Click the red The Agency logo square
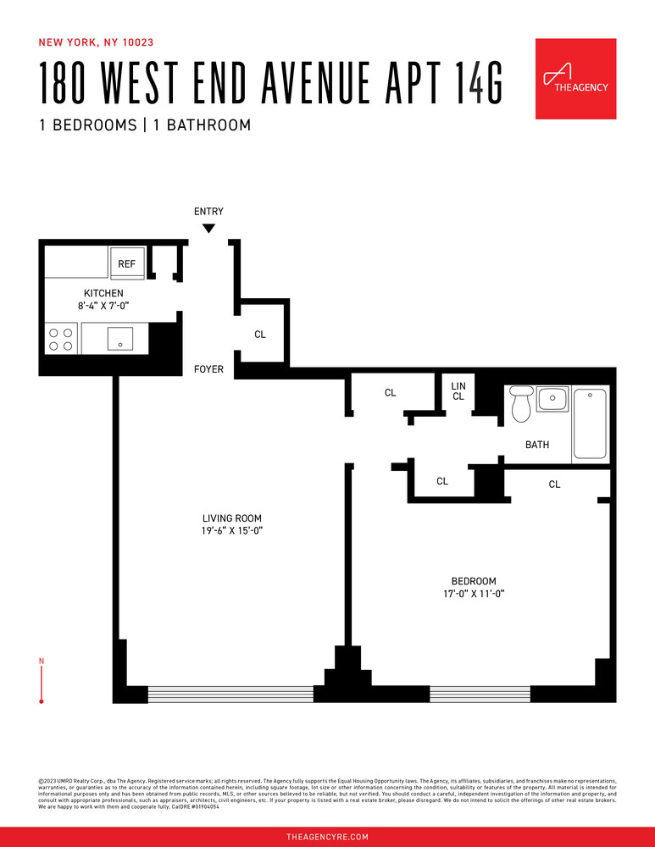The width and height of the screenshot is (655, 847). coord(575,79)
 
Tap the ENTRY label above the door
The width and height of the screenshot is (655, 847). coord(208,212)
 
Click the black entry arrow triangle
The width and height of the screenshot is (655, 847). coord(208,228)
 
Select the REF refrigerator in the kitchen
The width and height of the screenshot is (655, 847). coord(126,264)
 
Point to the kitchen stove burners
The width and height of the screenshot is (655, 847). coord(60,340)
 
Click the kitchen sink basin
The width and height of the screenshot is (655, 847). coord(121,340)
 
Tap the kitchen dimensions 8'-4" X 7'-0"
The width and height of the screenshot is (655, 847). coord(103,306)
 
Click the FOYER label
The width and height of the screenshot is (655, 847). coord(208,369)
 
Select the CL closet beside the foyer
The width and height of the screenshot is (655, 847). coord(260,335)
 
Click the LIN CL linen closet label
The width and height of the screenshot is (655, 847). coord(458,391)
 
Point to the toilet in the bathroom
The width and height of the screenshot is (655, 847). coord(520,404)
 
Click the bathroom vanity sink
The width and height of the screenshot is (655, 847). coord(553,397)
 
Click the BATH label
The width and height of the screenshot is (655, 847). coord(537,445)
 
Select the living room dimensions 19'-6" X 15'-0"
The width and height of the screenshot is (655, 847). coord(231,531)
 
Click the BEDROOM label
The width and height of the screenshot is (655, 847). coord(473,581)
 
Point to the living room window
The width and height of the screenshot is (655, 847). coord(230,695)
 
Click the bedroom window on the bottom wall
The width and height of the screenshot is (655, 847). coord(480,695)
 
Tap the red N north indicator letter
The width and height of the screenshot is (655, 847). coord(42,661)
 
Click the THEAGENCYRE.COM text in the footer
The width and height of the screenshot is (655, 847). coord(327,837)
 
